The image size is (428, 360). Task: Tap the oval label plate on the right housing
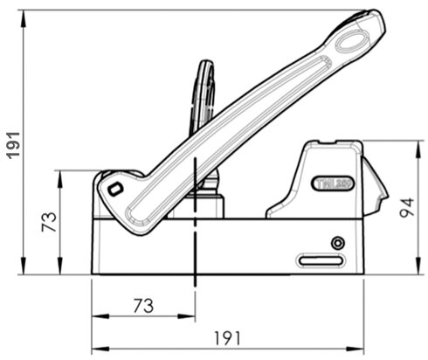[x=333, y=183]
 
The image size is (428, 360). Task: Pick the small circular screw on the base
[x=338, y=242]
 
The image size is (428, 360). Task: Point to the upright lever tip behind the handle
[x=204, y=70]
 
